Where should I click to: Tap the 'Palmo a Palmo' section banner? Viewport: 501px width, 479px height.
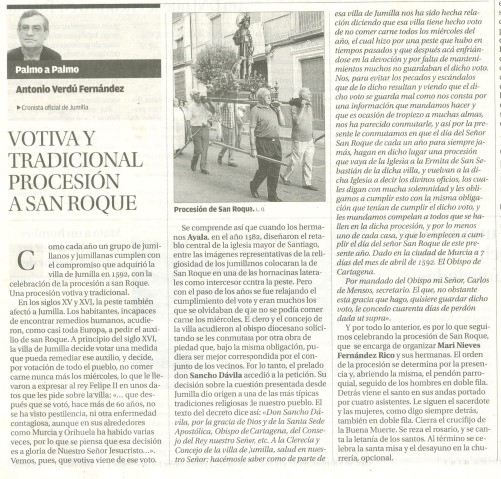(x=37, y=69)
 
